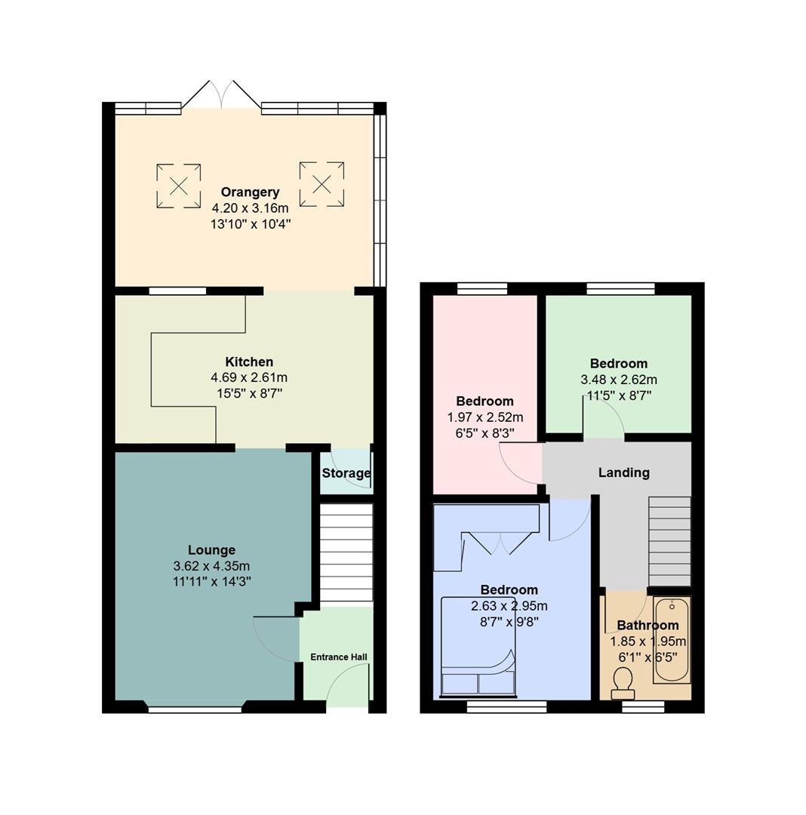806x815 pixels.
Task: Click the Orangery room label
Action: coord(250,192)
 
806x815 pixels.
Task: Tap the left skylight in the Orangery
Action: coord(179,186)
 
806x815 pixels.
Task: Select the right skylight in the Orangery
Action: coord(321,184)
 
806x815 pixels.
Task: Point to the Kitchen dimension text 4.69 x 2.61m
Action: coord(249,377)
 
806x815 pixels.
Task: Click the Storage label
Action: coord(346,473)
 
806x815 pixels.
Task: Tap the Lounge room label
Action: coord(211,550)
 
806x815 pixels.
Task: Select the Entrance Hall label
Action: coord(339,657)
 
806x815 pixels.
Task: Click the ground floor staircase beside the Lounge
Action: coord(346,554)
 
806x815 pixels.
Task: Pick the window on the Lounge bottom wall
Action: coord(195,709)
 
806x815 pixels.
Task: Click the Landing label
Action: coord(623,472)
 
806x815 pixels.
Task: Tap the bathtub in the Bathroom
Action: coord(672,640)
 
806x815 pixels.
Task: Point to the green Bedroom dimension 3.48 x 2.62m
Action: coord(618,380)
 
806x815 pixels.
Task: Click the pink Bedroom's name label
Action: coord(485,401)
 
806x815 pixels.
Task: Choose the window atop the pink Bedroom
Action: coord(483,288)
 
